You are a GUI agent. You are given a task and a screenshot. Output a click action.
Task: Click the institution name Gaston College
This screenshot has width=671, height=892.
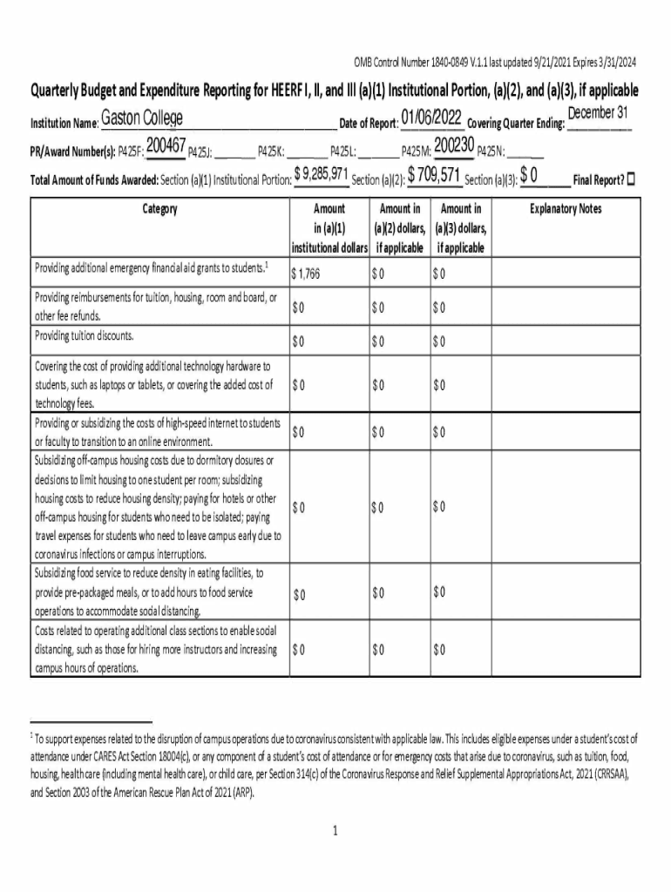point(141,119)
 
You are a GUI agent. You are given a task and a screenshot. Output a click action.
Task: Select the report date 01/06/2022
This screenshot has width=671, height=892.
point(431,118)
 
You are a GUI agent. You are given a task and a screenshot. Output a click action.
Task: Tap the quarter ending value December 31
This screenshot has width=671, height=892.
point(598,114)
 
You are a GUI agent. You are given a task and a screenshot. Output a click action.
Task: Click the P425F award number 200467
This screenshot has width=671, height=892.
point(165,146)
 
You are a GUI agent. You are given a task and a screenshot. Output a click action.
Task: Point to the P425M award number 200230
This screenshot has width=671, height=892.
point(453,145)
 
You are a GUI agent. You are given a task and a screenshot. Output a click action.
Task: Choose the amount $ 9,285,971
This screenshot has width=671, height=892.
point(322,173)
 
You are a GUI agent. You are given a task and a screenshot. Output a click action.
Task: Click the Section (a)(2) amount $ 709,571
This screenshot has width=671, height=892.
point(433,173)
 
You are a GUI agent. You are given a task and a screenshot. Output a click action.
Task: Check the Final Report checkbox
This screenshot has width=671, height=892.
point(632,179)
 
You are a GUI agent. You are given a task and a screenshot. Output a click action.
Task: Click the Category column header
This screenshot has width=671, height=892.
point(159,209)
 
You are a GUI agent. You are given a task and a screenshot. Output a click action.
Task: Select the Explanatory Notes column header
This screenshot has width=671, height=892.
point(566,209)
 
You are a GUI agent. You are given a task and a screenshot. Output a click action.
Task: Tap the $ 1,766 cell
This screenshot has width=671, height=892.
point(306,274)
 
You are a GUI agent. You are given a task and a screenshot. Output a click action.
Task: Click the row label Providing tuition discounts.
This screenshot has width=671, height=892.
point(84,335)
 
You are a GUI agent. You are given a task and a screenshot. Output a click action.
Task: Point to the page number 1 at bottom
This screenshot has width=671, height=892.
point(335,830)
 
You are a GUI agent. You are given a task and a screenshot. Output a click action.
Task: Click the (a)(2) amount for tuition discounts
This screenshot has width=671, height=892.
point(377,340)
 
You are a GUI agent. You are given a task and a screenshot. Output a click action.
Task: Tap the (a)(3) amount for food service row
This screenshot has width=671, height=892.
point(439,593)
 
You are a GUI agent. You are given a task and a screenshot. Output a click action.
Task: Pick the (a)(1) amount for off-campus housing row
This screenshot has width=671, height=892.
point(300,507)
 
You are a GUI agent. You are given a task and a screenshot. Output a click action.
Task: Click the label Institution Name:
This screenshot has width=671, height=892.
point(64,124)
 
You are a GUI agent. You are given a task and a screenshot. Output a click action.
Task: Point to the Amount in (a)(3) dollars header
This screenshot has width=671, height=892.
point(462,228)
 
